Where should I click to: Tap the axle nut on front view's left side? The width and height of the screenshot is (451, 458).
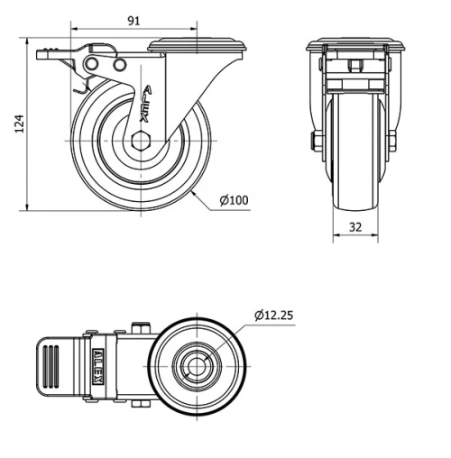click(x=316, y=140)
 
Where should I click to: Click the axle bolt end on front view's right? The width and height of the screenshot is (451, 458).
click(x=393, y=140)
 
